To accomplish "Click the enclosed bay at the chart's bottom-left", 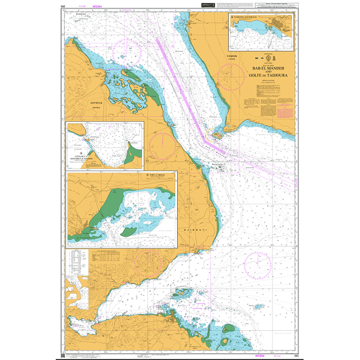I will point(79,322).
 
